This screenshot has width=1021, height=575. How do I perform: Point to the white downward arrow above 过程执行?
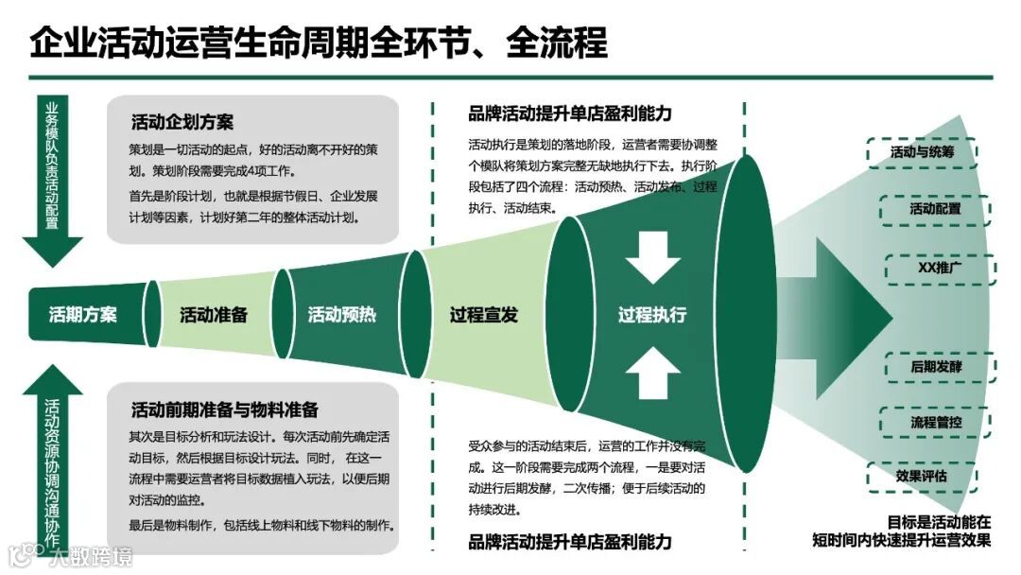[x=652, y=257]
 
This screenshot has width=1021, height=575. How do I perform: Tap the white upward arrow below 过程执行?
[x=652, y=373]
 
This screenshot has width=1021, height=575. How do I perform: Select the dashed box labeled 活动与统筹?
[x=922, y=152]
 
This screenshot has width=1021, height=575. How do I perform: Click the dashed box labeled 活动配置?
[x=935, y=209]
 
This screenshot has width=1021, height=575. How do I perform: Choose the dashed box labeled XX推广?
[x=940, y=268]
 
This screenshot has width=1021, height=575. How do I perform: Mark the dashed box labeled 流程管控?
[x=935, y=422]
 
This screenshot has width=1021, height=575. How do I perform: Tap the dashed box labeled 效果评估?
[x=921, y=475]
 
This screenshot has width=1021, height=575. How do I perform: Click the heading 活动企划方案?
[x=182, y=122]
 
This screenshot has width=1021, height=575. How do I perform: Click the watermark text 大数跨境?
[x=92, y=555]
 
